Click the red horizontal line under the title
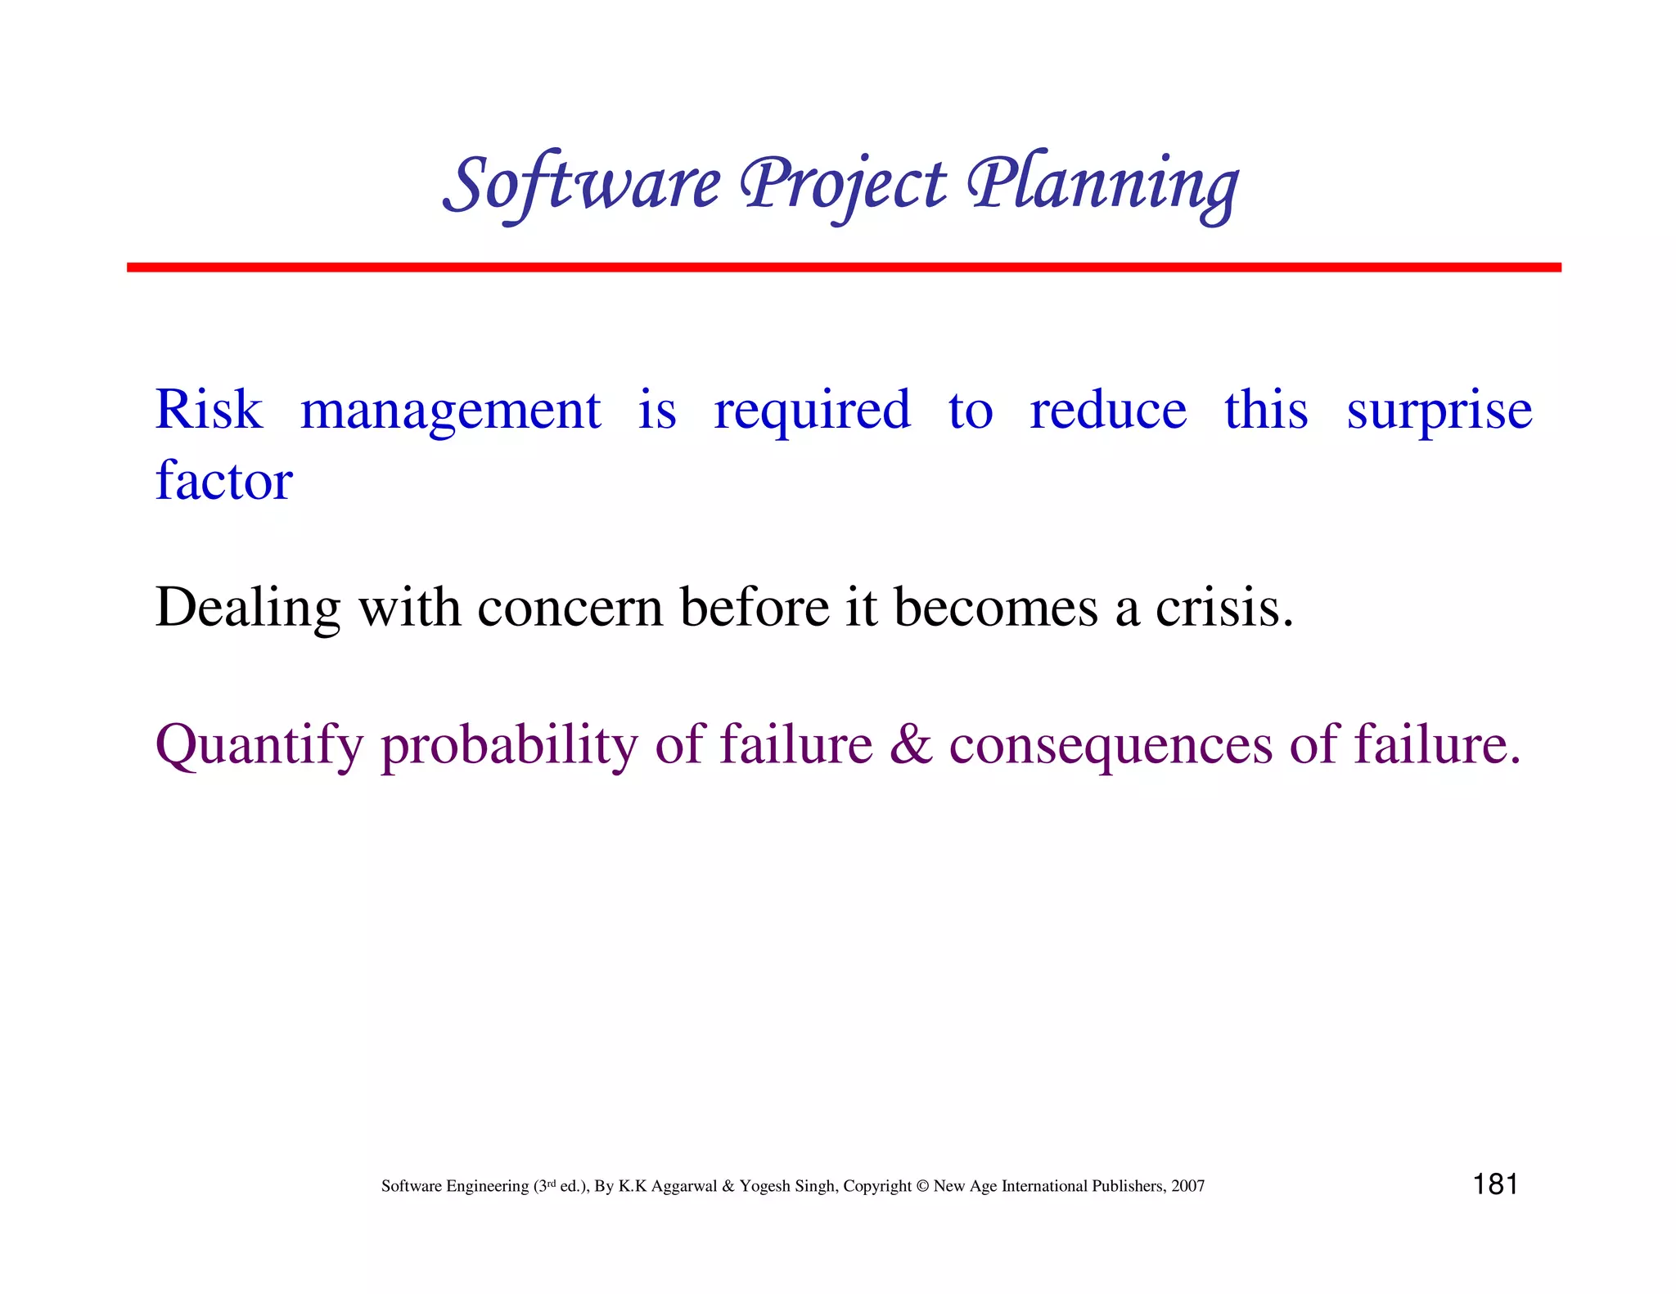pyautogui.click(x=843, y=267)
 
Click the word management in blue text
pyautogui.click(x=450, y=411)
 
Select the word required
pyautogui.click(x=812, y=411)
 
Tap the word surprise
pyautogui.click(x=1439, y=411)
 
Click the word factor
pyautogui.click(x=223, y=480)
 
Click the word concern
pyautogui.click(x=570, y=608)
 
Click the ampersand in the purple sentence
pyautogui.click(x=911, y=744)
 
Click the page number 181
pyautogui.click(x=1495, y=1184)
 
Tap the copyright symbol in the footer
pyautogui.click(x=922, y=1186)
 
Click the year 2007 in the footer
pyautogui.click(x=1187, y=1186)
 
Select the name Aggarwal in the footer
pyautogui.click(x=683, y=1186)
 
